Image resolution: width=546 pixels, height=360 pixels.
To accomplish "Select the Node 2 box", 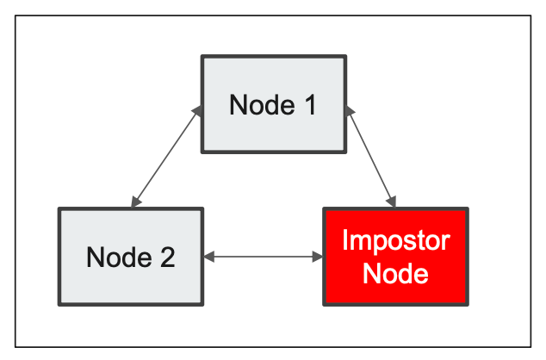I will click(x=131, y=256).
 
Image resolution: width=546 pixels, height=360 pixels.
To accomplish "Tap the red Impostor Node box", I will click(x=395, y=256).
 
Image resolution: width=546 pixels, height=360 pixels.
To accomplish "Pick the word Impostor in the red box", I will click(x=395, y=240).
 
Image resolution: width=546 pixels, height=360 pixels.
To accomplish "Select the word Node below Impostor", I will click(x=395, y=274).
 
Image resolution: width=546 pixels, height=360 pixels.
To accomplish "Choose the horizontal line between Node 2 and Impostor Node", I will click(x=263, y=256).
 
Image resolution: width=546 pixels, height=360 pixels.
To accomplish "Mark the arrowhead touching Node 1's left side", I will click(x=197, y=109).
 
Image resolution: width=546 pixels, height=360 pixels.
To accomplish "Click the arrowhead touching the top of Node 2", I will click(x=134, y=202).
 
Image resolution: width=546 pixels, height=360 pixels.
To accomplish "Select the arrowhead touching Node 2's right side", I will click(x=209, y=256).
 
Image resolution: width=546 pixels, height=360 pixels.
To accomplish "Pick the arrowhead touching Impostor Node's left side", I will click(x=317, y=256).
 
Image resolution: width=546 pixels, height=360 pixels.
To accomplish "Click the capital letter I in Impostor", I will click(x=344, y=240).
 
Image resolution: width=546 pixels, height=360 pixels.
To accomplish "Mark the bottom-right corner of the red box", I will click(x=467, y=303).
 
